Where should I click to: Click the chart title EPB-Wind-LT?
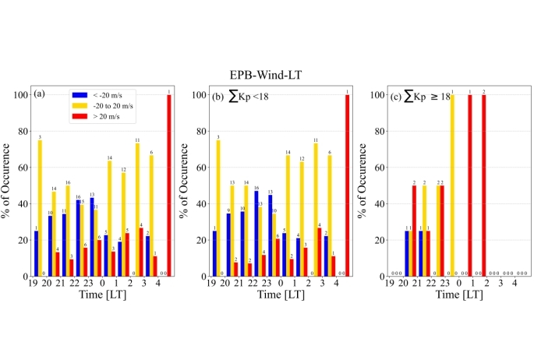pos(267,74)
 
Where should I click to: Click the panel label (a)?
pos(38,95)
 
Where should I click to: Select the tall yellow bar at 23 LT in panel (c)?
pos(451,185)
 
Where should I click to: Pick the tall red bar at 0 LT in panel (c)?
pos(469,185)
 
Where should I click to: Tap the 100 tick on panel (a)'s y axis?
pos(21,95)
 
